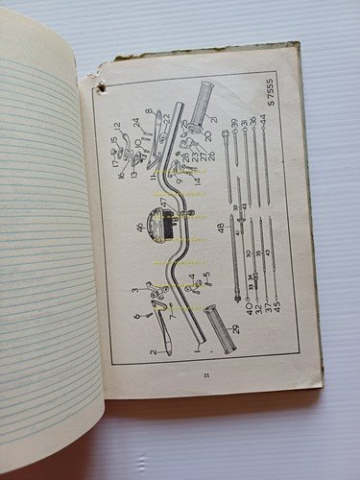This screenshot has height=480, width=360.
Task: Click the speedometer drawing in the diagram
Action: click(170, 227)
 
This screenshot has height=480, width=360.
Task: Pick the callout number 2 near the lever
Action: click(153, 352)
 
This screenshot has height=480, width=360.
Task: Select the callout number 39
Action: click(234, 123)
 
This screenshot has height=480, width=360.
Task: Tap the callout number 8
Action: click(147, 112)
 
